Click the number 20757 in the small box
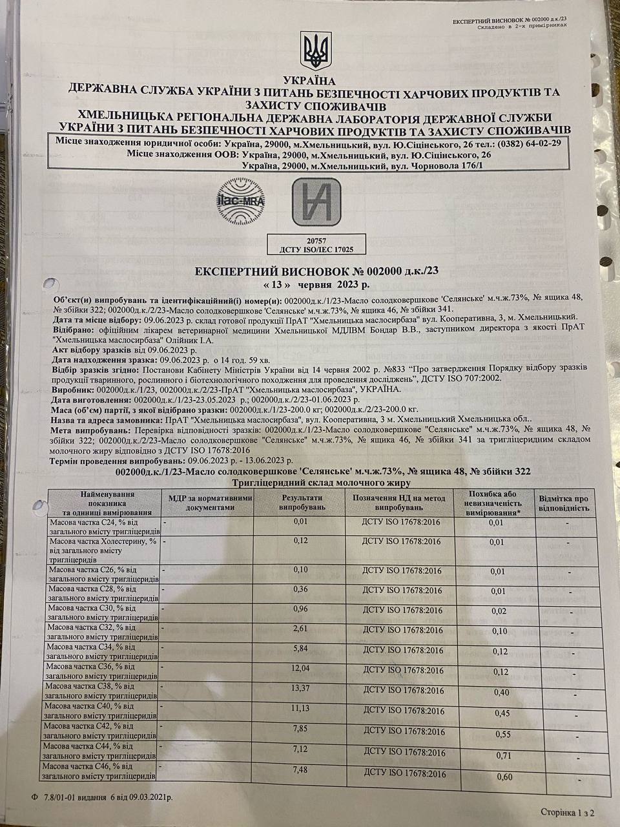pyautogui.click(x=314, y=239)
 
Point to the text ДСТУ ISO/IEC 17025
pyautogui.click(x=314, y=248)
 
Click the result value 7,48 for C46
pyautogui.click(x=302, y=769)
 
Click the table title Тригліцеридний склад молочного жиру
pyautogui.click(x=320, y=482)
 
